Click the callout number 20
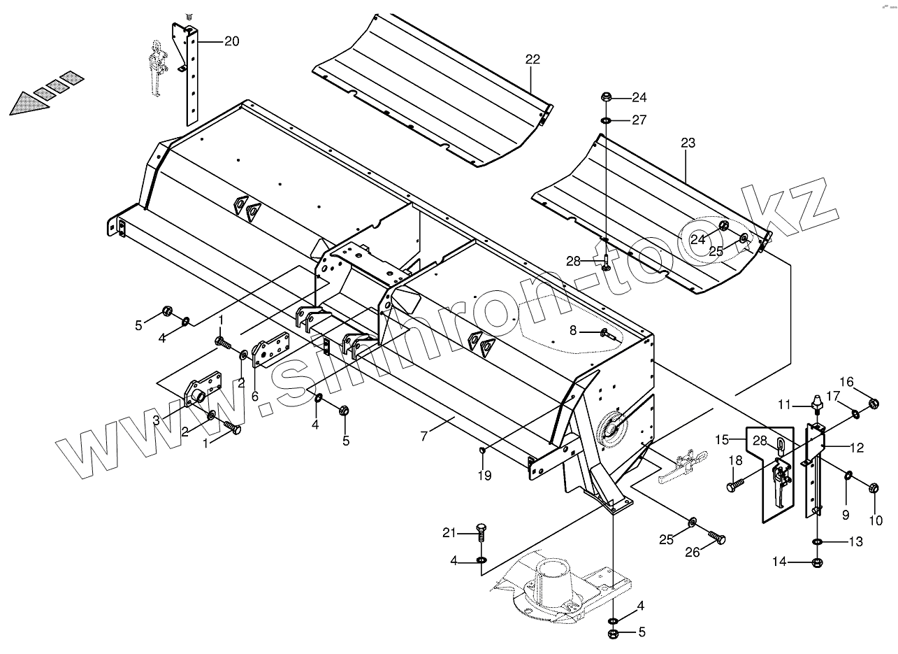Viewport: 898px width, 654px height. (231, 42)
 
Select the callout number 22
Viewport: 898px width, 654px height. (533, 59)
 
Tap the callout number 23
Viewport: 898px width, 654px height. (688, 143)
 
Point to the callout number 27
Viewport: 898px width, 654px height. (639, 120)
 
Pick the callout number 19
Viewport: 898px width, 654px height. (484, 476)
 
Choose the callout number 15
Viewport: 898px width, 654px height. (721, 439)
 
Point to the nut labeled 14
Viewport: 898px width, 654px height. (818, 562)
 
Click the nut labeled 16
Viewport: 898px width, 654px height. (873, 404)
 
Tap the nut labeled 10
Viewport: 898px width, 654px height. (874, 488)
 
